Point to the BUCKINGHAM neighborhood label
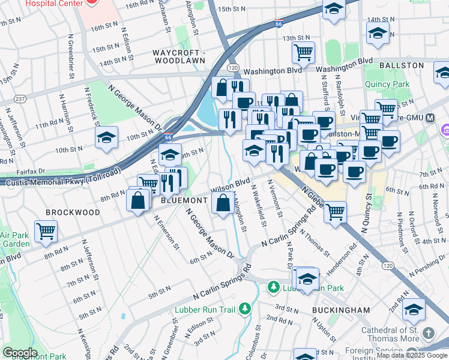pos(341,310)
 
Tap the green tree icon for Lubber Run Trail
pos(245,309)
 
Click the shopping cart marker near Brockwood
pos(46,230)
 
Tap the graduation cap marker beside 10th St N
pos(106,137)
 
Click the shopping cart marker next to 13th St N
pos(304,52)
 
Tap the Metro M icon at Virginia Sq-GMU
pos(429,118)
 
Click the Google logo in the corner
pos(19,353)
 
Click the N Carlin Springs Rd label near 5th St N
pos(219,287)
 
